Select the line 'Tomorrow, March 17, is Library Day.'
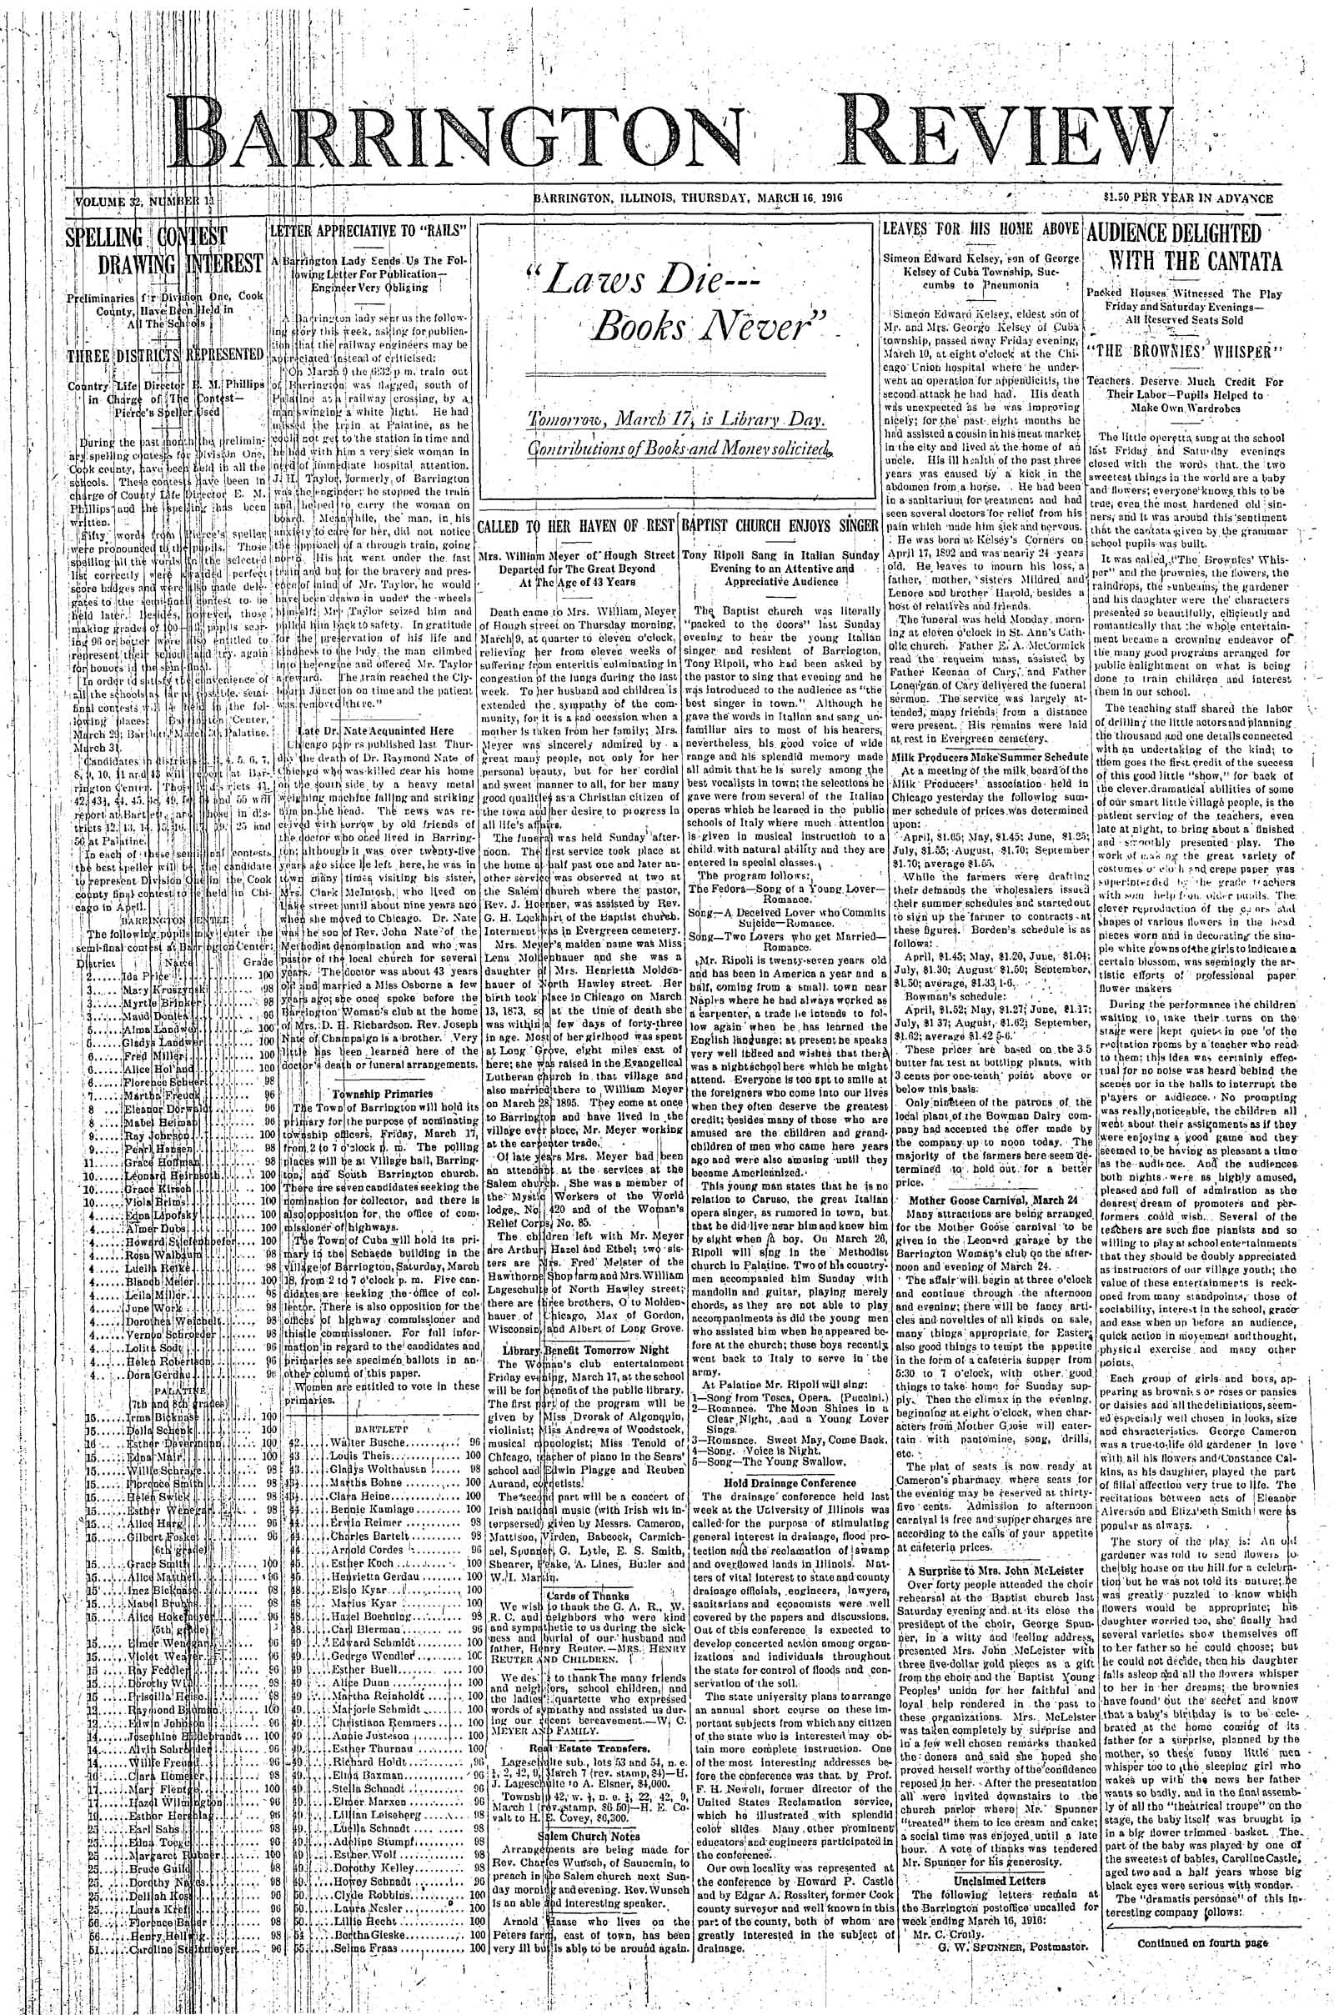click(675, 423)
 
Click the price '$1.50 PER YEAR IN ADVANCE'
click(1186, 199)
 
